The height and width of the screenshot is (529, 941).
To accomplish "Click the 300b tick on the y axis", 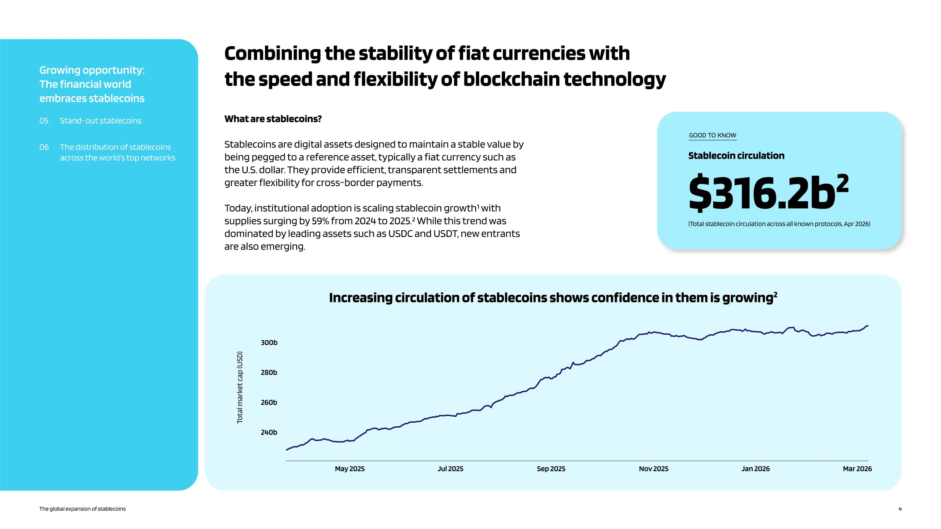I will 269,342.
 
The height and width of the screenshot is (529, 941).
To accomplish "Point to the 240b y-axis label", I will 269,432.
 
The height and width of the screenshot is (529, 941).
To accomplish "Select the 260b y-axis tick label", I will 269,402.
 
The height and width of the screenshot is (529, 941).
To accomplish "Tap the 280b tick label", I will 269,372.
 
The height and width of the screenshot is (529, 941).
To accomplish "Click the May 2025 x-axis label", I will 350,469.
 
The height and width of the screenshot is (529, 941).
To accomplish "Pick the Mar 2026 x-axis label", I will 857,469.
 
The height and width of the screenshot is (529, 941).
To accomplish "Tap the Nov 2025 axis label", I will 653,469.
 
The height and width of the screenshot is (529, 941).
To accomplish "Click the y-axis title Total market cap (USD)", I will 240,387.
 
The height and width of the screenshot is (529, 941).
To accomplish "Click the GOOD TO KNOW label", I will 712,135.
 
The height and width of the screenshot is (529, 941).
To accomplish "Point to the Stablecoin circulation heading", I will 736,156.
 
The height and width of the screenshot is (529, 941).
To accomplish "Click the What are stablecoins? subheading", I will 273,119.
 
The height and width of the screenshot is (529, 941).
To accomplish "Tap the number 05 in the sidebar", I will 44,121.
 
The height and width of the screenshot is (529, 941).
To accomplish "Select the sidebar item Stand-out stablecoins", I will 100,121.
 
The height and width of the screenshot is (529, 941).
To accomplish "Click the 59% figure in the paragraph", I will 320,221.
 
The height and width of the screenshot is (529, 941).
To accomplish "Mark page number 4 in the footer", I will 900,509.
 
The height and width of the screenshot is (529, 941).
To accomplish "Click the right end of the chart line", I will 868,326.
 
